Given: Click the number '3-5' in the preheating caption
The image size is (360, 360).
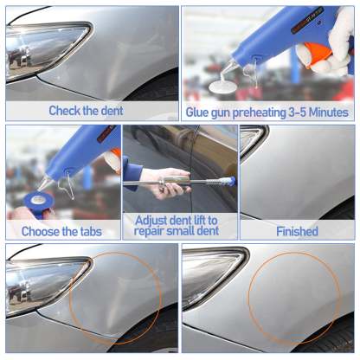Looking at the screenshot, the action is pyautogui.click(x=297, y=112).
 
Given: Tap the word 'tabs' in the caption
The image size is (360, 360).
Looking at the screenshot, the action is pyautogui.click(x=90, y=232).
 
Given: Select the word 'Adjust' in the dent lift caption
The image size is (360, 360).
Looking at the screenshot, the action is pyautogui.click(x=151, y=221).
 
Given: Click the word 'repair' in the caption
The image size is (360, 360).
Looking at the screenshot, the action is pyautogui.click(x=149, y=231).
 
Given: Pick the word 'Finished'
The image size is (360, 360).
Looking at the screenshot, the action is pyautogui.click(x=297, y=231).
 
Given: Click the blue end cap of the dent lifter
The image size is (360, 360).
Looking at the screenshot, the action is pyautogui.click(x=229, y=182).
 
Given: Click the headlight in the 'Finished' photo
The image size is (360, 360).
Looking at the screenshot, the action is pyautogui.click(x=253, y=140).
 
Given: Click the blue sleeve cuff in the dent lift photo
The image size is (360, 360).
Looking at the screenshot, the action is pyautogui.click(x=132, y=174).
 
